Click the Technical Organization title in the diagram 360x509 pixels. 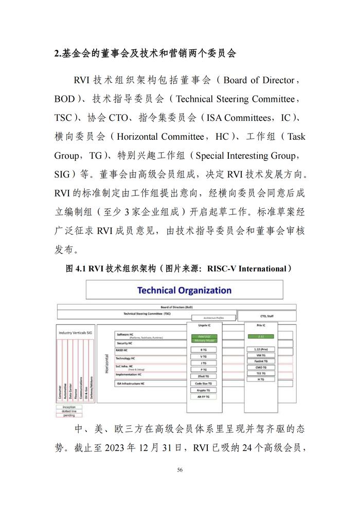184,290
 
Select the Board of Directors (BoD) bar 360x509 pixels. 176,306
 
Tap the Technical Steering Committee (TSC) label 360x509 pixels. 147,313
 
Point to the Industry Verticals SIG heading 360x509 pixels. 76,333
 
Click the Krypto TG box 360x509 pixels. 204,390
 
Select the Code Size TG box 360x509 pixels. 204,384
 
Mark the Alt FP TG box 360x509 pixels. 204,397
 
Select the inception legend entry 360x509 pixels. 68,407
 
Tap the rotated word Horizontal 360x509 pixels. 107,363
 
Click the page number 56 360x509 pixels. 180,469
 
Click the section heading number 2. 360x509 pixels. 57,53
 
